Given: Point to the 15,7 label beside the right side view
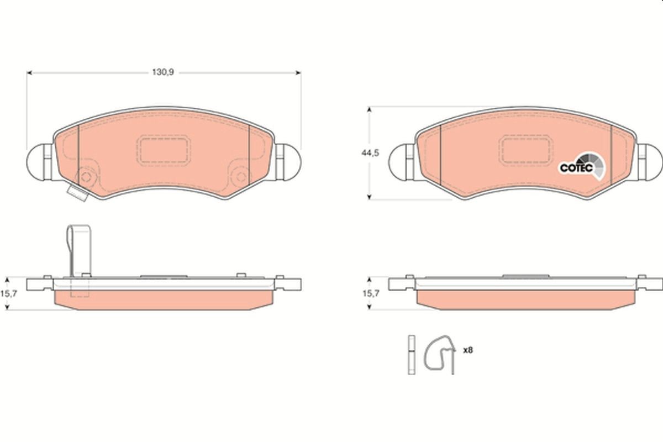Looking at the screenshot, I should point(371,293).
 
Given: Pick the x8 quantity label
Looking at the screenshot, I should point(467,350).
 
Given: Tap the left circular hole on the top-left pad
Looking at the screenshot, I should point(86,177).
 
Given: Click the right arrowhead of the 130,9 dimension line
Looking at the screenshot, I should point(298,72).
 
